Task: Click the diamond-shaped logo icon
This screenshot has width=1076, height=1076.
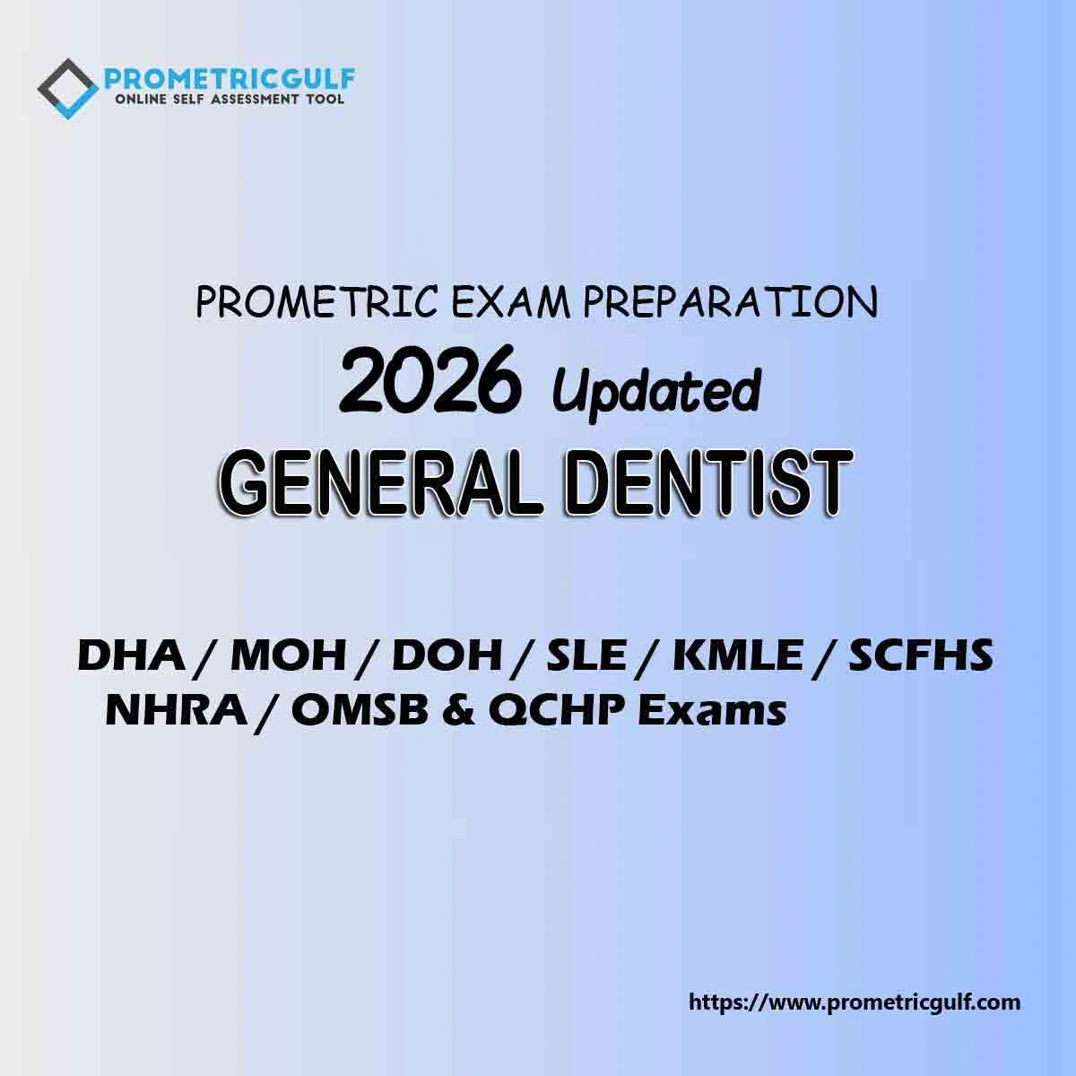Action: pos(68,89)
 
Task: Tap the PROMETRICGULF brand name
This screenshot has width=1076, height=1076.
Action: pos(230,79)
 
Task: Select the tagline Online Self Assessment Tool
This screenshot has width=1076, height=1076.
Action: pos(229,100)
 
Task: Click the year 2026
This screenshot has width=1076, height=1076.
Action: pos(430,378)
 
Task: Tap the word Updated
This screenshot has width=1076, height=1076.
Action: pos(656,390)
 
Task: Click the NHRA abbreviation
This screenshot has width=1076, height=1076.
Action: pos(177,711)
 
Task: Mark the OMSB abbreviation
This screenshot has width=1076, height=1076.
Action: pos(360,711)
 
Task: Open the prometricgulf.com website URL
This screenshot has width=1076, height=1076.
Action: pos(855,1002)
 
